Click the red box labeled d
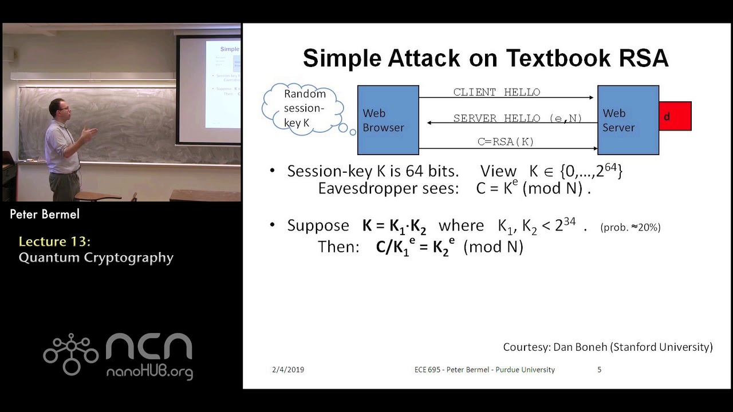(675, 116)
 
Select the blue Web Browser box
(388, 120)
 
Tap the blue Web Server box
(628, 120)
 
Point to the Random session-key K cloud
(304, 108)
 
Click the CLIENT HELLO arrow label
(496, 92)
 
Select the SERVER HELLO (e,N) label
(517, 118)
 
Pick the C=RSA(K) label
(506, 142)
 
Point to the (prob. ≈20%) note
(630, 227)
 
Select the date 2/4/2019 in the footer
(288, 370)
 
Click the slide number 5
(599, 370)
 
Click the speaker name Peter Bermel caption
(45, 215)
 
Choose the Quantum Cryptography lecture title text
(96, 257)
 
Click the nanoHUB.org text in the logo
(149, 372)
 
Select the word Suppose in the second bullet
(318, 225)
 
